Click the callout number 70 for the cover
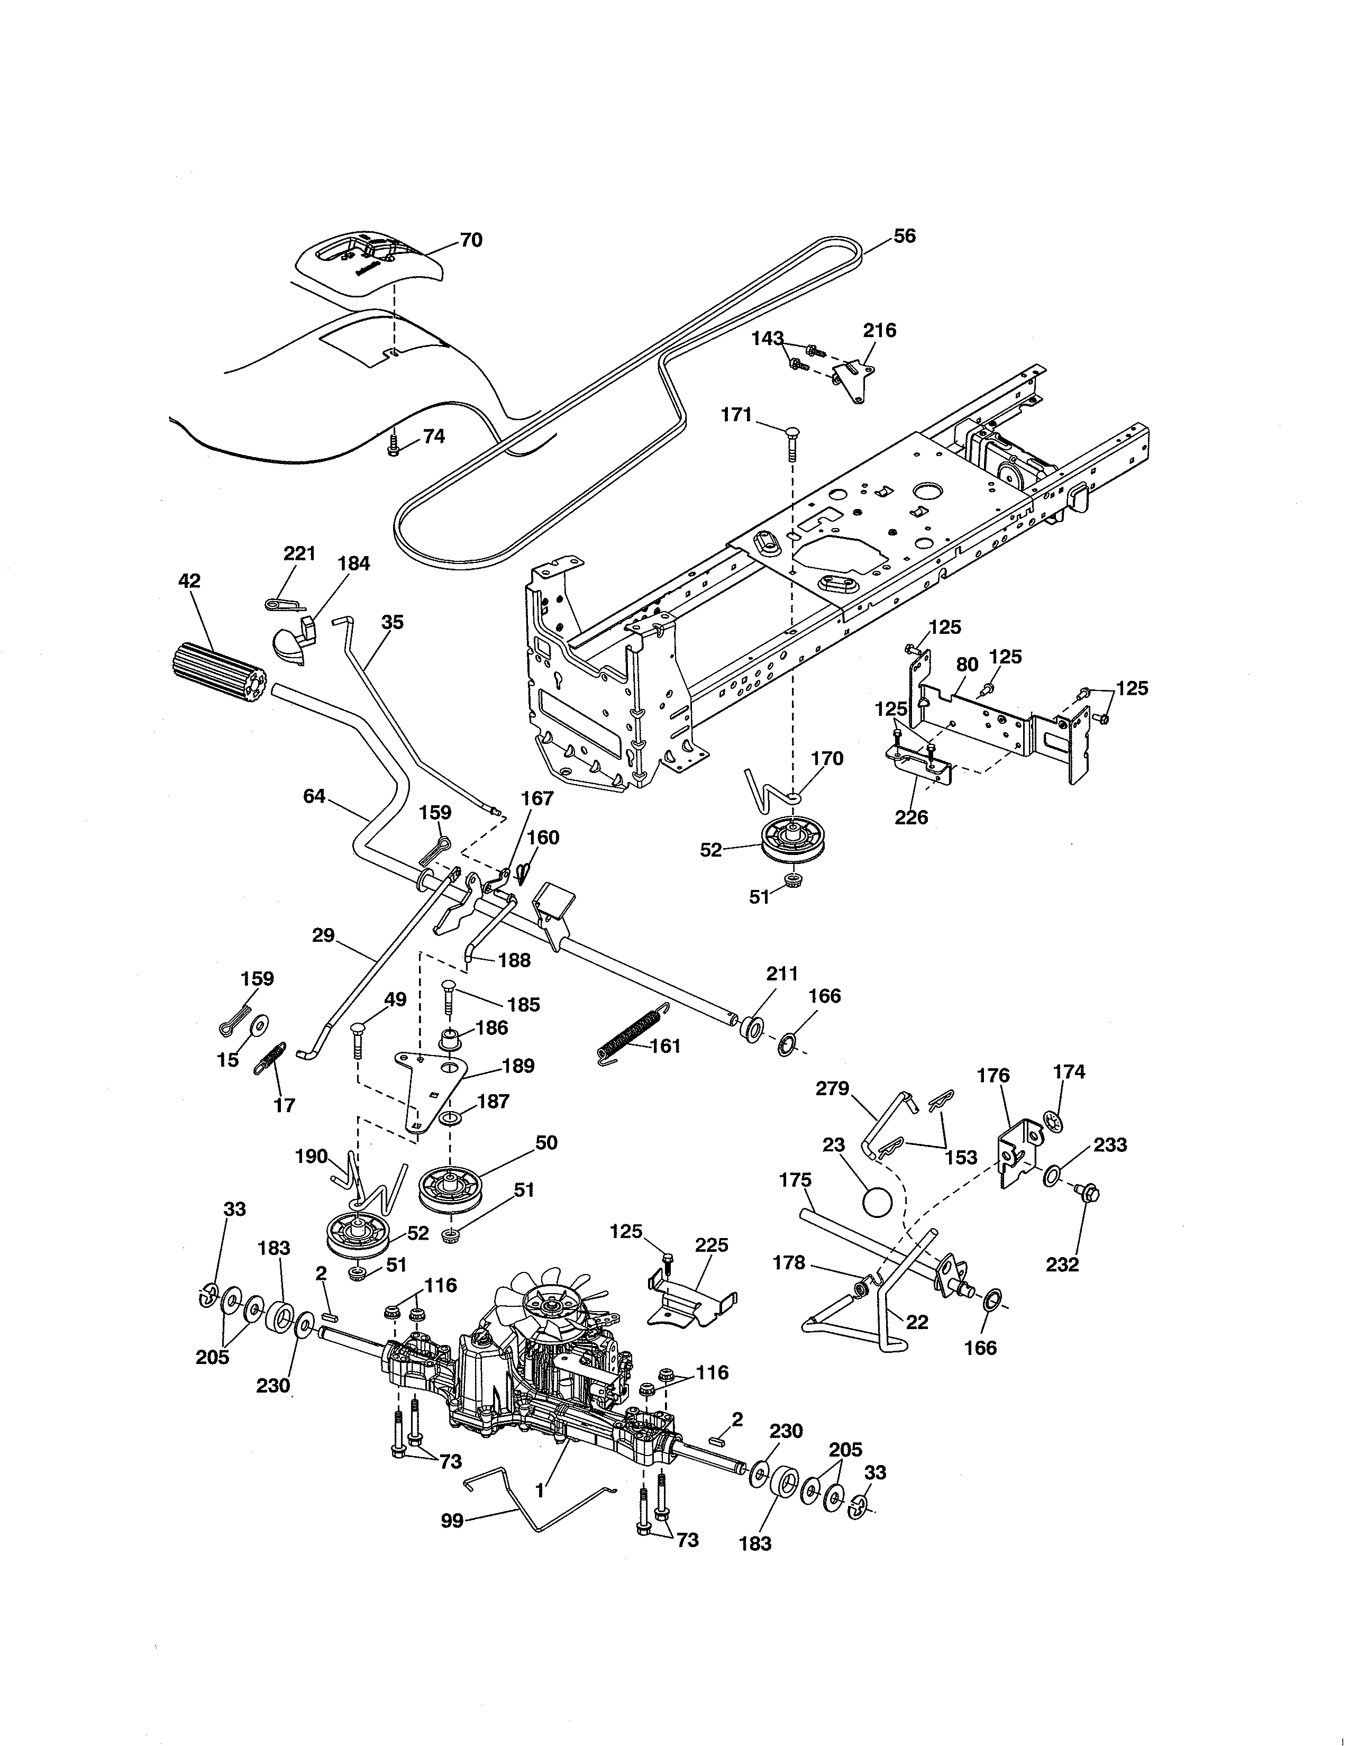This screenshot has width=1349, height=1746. [471, 240]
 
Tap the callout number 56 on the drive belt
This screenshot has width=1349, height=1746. [904, 236]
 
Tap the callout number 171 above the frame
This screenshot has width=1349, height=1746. [736, 414]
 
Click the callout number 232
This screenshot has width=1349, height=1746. [1062, 1264]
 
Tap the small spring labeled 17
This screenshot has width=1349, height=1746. [270, 1061]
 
